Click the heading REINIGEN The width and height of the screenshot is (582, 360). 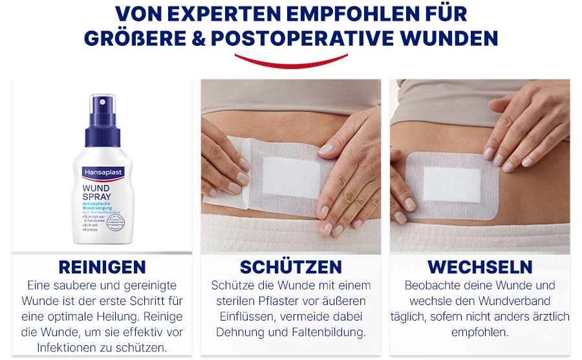point(102,267)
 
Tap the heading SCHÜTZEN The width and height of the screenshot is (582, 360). point(291,267)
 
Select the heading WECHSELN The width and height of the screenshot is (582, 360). point(480,267)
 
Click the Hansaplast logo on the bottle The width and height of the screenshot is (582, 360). point(102,173)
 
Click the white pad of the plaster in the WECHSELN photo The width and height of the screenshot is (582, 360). point(453,184)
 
